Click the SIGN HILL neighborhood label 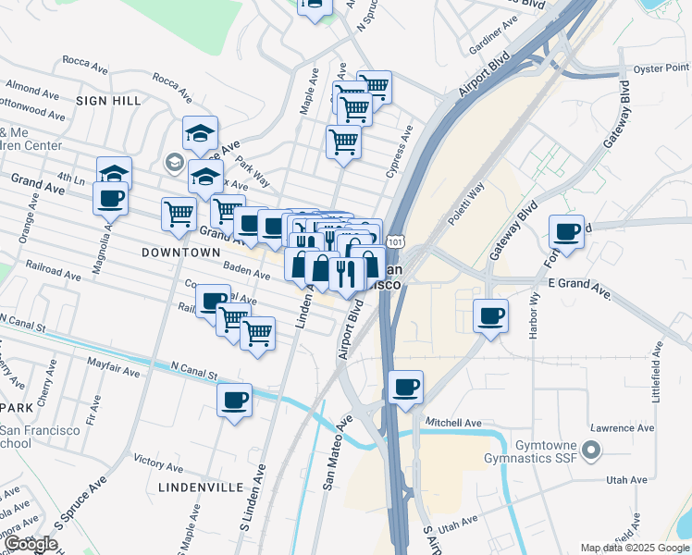pos(108,100)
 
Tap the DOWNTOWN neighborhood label pos(181,252)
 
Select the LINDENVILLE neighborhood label pos(201,487)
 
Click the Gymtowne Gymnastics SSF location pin pos(593,452)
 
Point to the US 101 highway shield pos(395,240)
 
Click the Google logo pos(31,543)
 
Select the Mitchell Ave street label pos(453,423)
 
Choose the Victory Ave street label pos(158,459)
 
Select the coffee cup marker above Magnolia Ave pos(111,197)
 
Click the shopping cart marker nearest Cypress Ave pos(343,142)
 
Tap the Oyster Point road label pos(661,68)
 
